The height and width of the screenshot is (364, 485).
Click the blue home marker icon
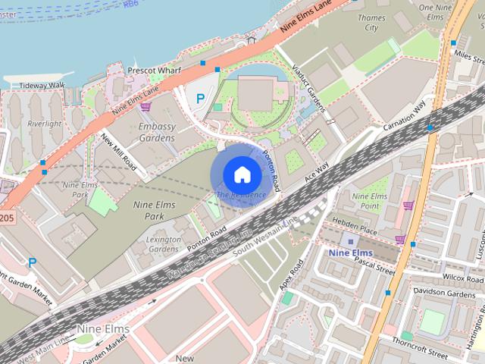[241, 174]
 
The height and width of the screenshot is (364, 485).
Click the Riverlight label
[44, 124]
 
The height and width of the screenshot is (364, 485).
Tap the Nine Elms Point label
[371, 201]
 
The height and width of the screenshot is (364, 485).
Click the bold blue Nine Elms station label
[351, 252]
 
